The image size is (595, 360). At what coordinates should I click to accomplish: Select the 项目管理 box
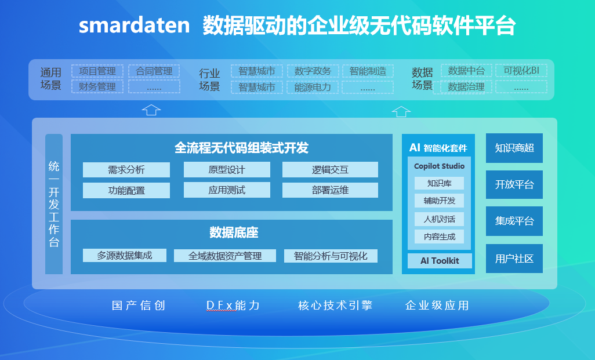coord(97,71)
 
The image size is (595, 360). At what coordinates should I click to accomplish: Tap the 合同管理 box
coord(154,71)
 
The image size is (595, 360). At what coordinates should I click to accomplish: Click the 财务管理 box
coord(97,87)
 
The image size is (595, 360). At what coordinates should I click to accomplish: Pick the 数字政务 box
coord(313,71)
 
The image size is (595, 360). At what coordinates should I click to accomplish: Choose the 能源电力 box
coord(313,88)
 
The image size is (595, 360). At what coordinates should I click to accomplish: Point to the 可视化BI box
coord(521,71)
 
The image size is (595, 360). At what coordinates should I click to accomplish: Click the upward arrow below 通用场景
coord(151,110)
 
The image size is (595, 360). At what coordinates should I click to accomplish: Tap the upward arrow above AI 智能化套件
coord(401,111)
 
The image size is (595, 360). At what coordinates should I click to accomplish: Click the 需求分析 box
coord(126,170)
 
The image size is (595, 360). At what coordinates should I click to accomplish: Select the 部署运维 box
coord(330,190)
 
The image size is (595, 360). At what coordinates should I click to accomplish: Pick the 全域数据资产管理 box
coord(225,256)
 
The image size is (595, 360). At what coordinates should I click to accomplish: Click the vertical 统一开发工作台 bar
coord(54,204)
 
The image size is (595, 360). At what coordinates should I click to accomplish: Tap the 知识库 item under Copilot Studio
coord(439,183)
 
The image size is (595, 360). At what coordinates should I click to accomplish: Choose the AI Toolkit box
coord(439,261)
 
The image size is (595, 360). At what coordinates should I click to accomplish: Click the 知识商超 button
coord(514,148)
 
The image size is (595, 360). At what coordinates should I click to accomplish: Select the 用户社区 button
coord(514,259)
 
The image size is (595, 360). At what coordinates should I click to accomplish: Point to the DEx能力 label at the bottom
coord(233,306)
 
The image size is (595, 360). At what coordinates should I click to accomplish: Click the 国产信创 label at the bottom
coord(139,306)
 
